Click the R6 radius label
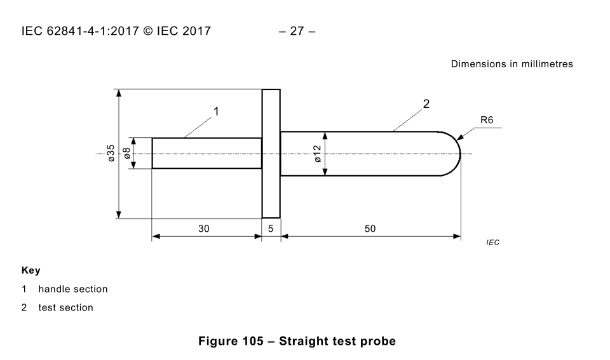point(487,120)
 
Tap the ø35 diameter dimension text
point(111,153)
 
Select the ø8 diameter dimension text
point(126,153)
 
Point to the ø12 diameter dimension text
point(318,154)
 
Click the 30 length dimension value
point(204,229)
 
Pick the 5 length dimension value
point(271,229)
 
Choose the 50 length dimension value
point(370,229)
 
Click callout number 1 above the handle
point(216,112)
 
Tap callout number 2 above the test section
point(426,103)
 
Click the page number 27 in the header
point(297,30)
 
